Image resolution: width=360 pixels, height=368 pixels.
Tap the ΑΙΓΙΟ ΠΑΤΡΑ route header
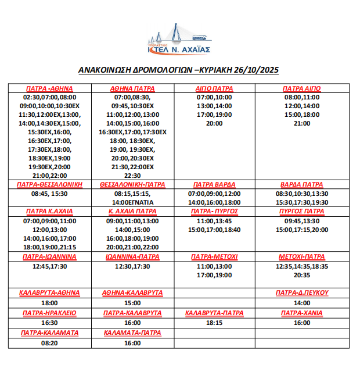pyautogui.click(x=214, y=88)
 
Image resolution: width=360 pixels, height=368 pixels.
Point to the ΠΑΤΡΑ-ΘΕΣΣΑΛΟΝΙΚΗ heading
pyautogui.click(x=50, y=184)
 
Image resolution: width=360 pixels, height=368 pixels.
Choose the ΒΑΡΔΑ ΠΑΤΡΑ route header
pyautogui.click(x=301, y=184)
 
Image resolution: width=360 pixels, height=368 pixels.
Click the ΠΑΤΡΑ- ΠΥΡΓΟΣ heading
pyautogui.click(x=214, y=212)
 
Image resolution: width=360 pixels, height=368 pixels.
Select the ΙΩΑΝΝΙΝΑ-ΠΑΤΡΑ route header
pyautogui.click(x=132, y=256)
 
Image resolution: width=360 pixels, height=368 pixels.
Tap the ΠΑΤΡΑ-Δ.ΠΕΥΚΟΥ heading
pyautogui.click(x=302, y=292)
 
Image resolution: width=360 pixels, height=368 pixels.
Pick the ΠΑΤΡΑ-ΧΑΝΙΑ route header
pyautogui.click(x=302, y=313)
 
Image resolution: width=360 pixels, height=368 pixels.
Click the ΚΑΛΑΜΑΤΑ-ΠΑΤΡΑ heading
pyautogui.click(x=132, y=333)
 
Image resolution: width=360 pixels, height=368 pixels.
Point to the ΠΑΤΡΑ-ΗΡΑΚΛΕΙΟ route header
pyautogui.click(x=49, y=313)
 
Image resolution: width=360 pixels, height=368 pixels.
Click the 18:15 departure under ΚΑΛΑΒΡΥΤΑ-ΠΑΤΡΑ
pyautogui.click(x=214, y=323)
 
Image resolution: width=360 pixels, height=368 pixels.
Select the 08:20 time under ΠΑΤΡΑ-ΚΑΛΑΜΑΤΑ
pyautogui.click(x=49, y=344)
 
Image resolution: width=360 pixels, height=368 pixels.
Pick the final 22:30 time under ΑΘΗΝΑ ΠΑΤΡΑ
pyautogui.click(x=132, y=175)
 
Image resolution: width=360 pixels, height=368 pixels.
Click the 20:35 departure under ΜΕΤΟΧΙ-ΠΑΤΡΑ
pyautogui.click(x=302, y=275)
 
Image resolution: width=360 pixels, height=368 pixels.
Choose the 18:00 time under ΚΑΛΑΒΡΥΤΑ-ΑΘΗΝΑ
pyautogui.click(x=49, y=303)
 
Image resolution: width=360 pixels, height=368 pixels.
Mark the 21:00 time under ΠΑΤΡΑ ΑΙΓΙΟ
pyautogui.click(x=302, y=123)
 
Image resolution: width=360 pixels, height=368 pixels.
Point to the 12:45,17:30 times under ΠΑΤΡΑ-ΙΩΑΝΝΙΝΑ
pyautogui.click(x=49, y=266)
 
